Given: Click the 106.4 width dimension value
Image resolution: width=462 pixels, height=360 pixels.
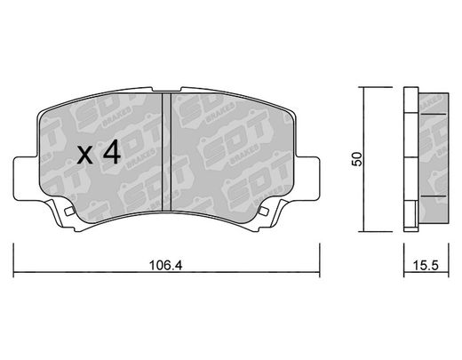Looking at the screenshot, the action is coord(166,266).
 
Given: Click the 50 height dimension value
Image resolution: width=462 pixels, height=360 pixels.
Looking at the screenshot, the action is coord(357,159).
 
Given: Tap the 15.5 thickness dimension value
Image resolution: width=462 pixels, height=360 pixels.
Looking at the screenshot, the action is coord(426,266).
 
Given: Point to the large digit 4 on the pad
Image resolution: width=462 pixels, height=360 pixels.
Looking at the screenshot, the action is coord(112,152).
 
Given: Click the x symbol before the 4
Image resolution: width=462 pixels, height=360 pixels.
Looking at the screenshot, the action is coord(85,156).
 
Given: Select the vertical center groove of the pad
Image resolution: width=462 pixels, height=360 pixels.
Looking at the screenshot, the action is coord(167,152).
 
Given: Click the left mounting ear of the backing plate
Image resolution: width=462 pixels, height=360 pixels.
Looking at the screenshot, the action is coord(26,179).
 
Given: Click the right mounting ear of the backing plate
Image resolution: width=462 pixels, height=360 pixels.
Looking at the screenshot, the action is coord(308,179).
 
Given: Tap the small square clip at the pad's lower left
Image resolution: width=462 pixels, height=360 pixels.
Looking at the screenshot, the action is coord(69,211).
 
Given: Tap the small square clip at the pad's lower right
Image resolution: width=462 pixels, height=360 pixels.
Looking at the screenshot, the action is coord(263,211).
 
